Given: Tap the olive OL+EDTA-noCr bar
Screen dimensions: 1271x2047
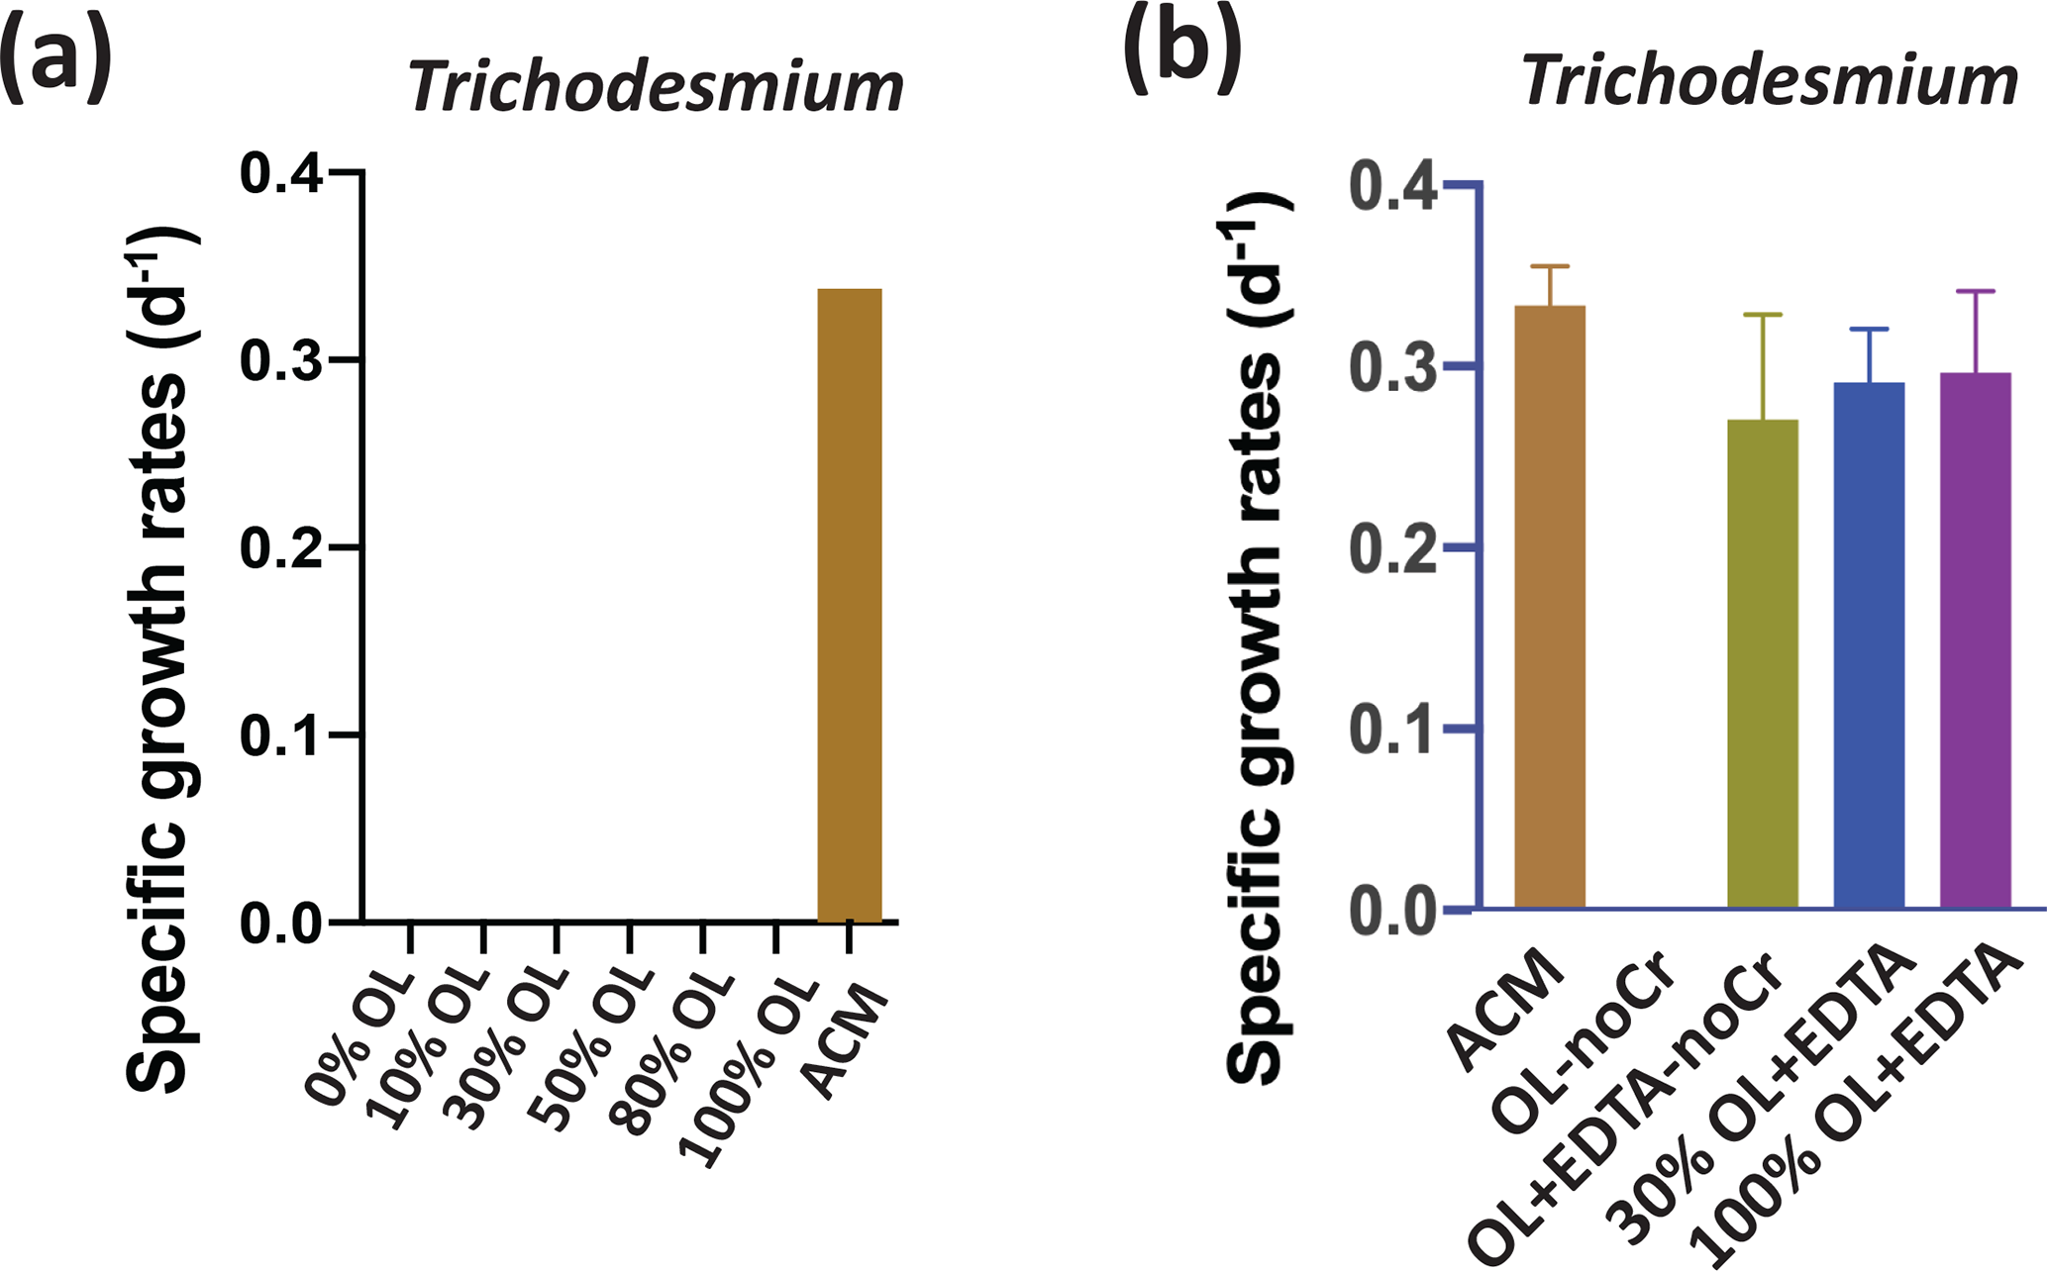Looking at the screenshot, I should pos(1762,663).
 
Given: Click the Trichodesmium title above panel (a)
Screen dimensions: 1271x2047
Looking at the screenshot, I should pos(656,86).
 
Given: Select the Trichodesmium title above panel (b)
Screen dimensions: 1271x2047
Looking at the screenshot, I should pos(1769,80).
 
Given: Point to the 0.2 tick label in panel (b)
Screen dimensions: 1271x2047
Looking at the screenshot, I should pos(1392,547).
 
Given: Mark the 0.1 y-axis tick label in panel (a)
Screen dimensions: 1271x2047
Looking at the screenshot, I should pos(281,736).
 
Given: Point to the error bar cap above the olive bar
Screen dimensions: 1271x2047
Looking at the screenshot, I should pos(1762,315).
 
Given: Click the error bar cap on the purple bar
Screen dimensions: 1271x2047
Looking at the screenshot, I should pos(1975,291).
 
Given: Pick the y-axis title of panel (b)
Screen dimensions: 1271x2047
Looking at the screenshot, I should pos(1258,638).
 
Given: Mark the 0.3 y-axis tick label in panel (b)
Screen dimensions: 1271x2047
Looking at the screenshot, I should pos(1392,367).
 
